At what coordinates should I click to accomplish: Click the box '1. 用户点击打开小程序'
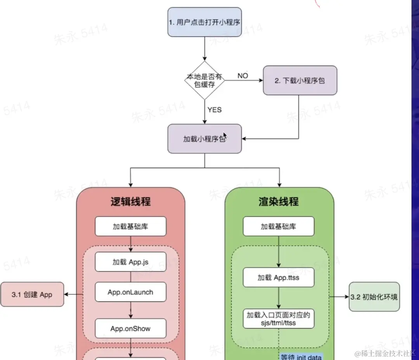204,22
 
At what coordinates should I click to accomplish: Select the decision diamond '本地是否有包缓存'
204,80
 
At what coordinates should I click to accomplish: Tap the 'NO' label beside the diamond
242,76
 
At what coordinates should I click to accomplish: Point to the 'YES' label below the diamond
214,110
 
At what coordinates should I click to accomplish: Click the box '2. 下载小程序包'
300,80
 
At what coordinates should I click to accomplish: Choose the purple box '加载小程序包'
204,139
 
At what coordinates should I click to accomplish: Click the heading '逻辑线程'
130,202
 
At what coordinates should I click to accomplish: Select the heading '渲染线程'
279,202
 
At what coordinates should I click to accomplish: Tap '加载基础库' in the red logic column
131,226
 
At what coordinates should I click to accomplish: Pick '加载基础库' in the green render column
279,226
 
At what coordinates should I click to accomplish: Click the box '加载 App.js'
131,262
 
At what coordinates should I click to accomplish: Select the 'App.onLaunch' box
131,292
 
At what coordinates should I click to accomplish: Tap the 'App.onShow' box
131,328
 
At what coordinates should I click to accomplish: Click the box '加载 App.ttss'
279,278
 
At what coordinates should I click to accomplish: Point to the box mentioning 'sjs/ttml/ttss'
279,318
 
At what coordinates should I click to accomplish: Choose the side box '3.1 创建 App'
32,294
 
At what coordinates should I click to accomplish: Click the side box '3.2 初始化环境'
374,297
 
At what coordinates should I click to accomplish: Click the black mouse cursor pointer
225,136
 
